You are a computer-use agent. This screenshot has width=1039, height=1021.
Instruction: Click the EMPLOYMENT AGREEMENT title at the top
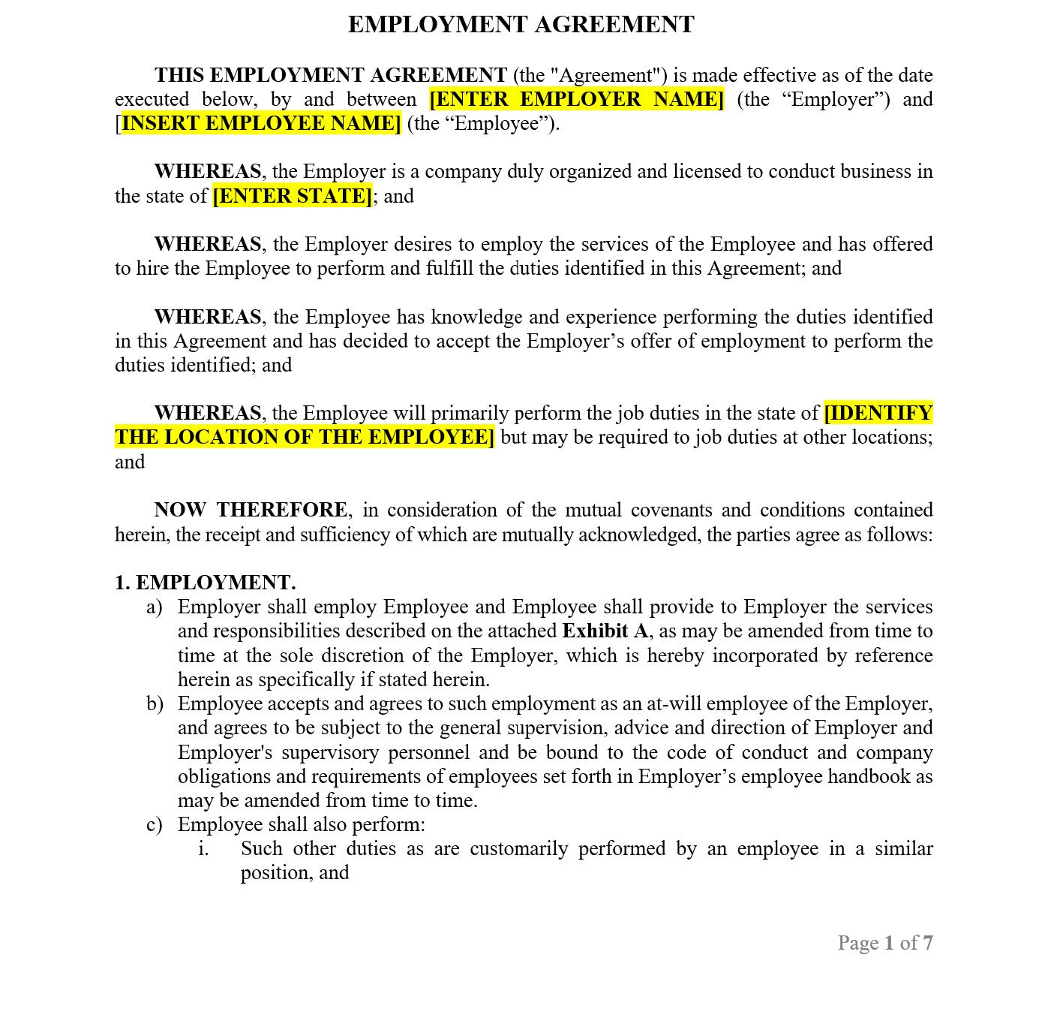[x=521, y=25]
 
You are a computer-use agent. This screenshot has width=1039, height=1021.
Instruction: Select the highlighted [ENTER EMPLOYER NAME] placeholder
[x=576, y=99]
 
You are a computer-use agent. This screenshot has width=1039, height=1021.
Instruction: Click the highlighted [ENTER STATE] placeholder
[x=293, y=196]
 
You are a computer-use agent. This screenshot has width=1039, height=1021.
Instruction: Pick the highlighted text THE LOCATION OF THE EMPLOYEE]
[x=305, y=437]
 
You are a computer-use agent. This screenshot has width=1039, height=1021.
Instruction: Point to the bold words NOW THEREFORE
[x=251, y=510]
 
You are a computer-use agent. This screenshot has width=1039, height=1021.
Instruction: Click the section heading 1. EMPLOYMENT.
[x=205, y=583]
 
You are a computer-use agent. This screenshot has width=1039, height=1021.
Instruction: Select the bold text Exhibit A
[x=605, y=631]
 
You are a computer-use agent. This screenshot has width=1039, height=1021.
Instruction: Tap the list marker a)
[x=155, y=607]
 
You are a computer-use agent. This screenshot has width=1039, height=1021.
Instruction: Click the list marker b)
[x=155, y=703]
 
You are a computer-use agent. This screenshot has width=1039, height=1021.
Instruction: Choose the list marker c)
[x=155, y=824]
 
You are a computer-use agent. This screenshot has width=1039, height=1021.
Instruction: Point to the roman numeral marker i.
[x=203, y=848]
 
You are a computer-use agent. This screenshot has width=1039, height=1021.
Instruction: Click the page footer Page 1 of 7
[x=884, y=943]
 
